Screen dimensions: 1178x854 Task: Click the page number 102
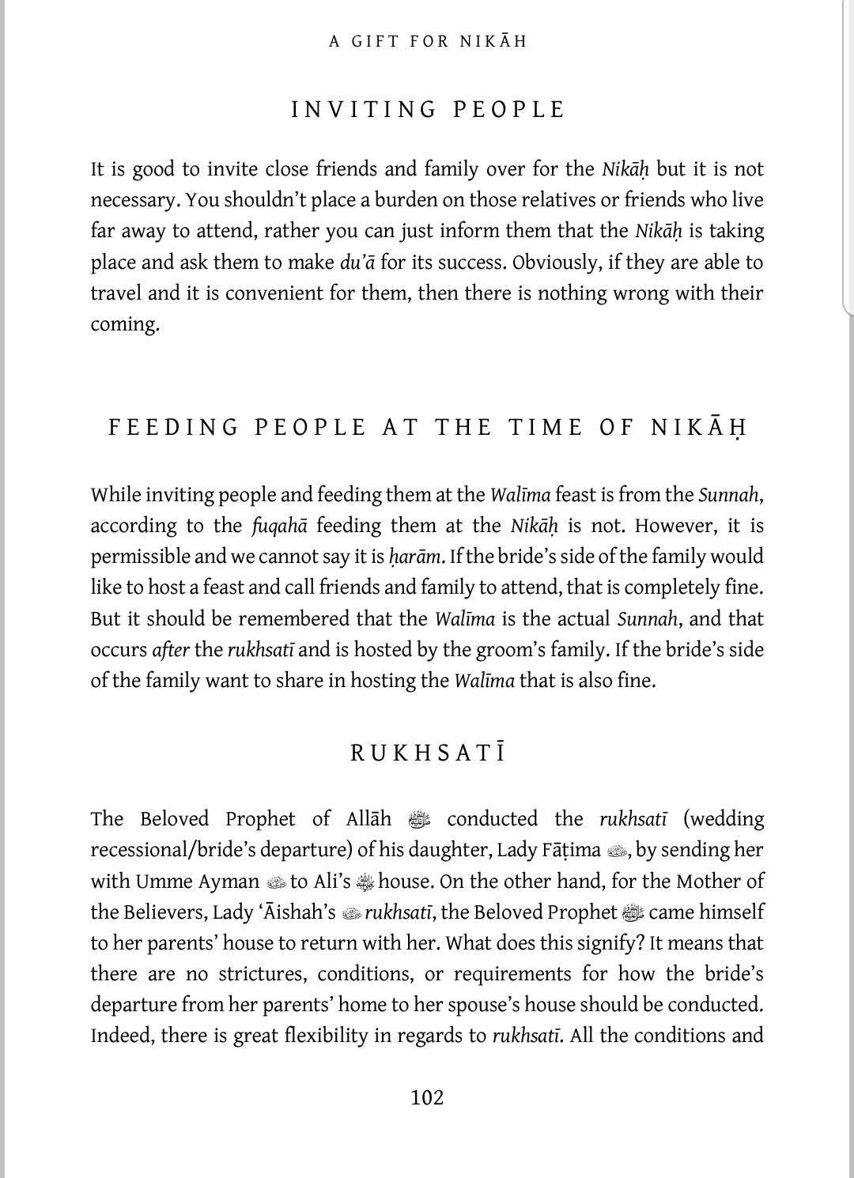pos(427,1097)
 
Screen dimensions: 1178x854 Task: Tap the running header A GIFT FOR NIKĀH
pos(427,41)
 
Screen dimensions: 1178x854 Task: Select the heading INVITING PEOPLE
pos(428,109)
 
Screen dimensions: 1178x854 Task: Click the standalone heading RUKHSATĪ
pos(428,753)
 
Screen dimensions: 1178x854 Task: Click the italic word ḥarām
pos(415,557)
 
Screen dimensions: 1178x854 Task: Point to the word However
pos(673,527)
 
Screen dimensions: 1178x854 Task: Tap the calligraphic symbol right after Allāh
pos(419,820)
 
